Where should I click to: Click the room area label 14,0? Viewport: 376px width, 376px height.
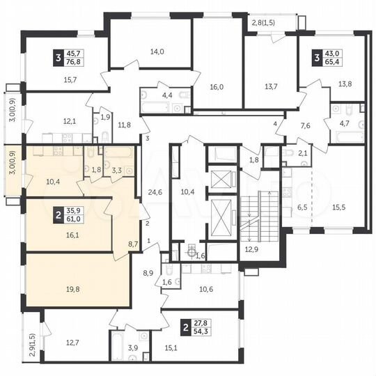157,52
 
